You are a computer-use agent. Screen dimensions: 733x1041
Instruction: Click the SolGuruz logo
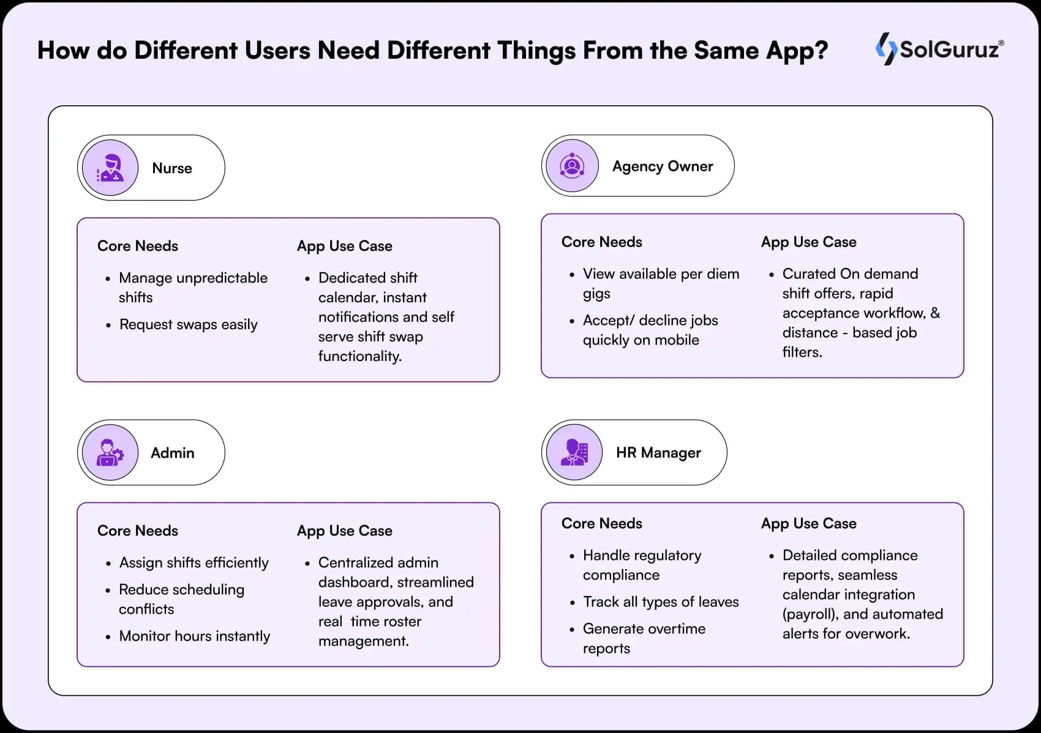(x=939, y=49)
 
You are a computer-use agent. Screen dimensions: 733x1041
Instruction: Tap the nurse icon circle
(x=110, y=168)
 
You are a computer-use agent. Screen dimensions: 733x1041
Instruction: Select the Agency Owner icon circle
(x=572, y=166)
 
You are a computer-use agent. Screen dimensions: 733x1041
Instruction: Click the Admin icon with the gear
(x=110, y=453)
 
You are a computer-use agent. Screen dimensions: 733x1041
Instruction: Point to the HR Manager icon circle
(x=574, y=453)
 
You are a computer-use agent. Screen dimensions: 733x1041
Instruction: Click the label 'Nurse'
(x=172, y=168)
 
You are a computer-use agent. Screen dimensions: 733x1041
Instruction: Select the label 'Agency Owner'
(x=663, y=166)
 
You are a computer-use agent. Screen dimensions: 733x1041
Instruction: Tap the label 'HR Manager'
(x=658, y=453)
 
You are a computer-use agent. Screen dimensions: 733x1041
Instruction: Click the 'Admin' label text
(x=173, y=453)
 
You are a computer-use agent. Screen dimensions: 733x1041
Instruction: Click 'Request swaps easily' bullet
(x=188, y=324)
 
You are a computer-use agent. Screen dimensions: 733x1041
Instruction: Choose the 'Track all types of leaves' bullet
(x=661, y=602)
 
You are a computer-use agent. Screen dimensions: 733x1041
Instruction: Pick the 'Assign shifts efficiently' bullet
(x=194, y=563)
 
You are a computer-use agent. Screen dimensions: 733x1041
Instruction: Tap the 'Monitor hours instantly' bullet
(x=194, y=636)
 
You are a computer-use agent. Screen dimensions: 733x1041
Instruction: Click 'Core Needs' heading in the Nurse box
(x=138, y=246)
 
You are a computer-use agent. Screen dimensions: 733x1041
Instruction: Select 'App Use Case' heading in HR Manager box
(x=808, y=524)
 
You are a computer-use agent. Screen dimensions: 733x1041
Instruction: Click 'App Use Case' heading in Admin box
(x=344, y=531)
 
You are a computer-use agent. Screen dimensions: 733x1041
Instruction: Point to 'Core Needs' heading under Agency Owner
(x=601, y=242)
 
